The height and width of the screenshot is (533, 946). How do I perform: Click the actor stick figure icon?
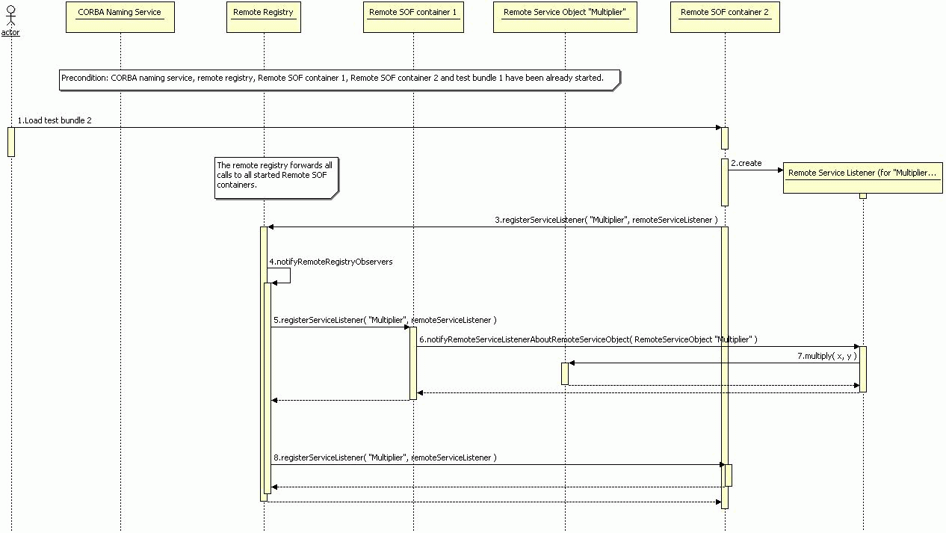(11, 16)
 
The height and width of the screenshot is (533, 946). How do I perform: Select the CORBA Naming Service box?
(120, 17)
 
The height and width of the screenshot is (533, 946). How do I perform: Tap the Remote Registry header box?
(264, 17)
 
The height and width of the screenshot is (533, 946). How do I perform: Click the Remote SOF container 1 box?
(413, 17)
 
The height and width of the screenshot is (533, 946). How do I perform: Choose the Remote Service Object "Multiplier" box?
(565, 17)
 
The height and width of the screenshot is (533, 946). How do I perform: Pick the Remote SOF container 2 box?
(725, 17)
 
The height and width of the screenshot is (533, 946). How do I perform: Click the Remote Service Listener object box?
(863, 178)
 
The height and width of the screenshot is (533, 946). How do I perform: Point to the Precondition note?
(340, 80)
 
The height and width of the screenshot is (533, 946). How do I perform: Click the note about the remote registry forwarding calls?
(276, 178)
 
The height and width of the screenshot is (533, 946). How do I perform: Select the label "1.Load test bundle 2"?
(55, 120)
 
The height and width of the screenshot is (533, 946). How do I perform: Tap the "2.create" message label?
(746, 163)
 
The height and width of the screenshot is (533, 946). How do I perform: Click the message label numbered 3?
(606, 220)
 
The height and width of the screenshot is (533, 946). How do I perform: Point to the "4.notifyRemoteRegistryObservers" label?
(331, 262)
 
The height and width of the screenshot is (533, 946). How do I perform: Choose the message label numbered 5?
(385, 320)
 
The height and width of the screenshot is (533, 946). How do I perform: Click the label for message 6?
(588, 339)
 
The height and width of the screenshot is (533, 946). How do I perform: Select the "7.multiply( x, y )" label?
(827, 356)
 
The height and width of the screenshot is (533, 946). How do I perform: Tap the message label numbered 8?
(385, 457)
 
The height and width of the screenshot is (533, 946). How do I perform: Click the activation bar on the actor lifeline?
(11, 142)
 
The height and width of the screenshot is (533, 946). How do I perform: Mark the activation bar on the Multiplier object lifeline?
(565, 374)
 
